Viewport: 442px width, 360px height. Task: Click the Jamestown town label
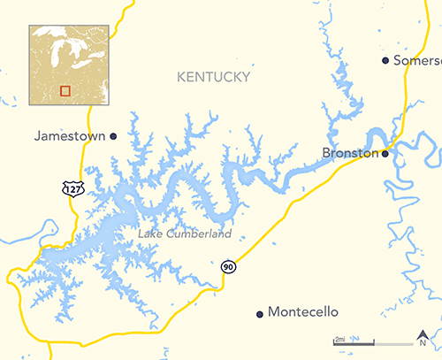pos(70,137)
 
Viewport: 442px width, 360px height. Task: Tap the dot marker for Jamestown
pos(113,136)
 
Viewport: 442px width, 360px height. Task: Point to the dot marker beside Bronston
pos(385,153)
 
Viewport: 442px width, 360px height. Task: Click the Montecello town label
pos(303,313)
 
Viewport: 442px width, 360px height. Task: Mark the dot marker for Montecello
pos(259,313)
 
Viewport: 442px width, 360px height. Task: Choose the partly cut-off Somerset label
pos(416,60)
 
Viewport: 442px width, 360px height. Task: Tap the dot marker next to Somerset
pos(385,60)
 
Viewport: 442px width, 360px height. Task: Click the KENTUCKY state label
pos(213,79)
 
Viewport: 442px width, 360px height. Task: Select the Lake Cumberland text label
pos(185,234)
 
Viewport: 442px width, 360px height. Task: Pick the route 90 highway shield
pos(229,266)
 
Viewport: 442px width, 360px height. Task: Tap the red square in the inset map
pos(64,89)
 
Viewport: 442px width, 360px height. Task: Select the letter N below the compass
pos(422,346)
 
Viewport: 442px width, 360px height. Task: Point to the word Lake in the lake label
pos(149,234)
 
